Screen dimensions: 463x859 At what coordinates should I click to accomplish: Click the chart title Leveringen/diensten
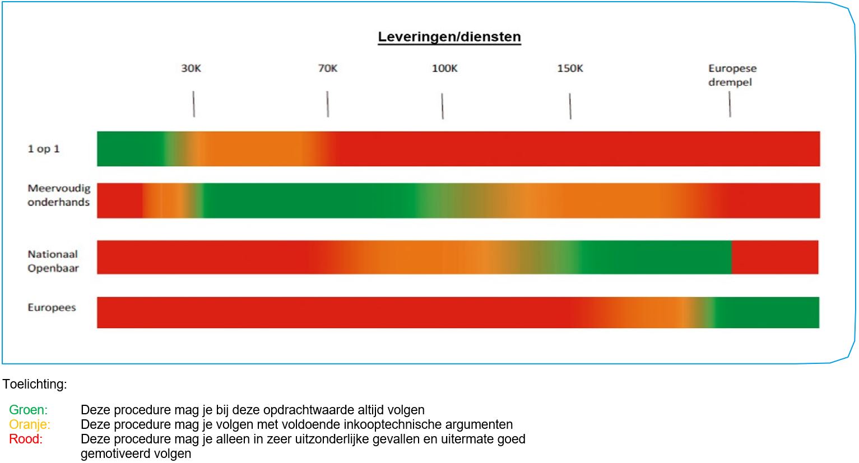[x=449, y=37]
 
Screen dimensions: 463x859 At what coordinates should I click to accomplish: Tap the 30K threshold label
[x=191, y=68]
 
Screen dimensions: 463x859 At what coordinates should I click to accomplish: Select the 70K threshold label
[x=328, y=68]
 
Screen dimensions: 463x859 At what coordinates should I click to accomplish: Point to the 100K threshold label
[x=444, y=68]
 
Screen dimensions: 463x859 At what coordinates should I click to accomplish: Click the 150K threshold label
[x=570, y=68]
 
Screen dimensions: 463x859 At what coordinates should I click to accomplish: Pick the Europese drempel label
[x=732, y=75]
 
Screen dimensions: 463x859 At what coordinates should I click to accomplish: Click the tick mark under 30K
[x=194, y=104]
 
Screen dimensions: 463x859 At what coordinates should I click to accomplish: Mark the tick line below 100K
[x=443, y=106]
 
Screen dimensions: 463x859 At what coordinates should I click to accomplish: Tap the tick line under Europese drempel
[x=730, y=104]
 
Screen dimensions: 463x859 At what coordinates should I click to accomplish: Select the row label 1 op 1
[x=44, y=149]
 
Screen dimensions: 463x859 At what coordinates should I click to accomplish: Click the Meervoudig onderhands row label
[x=59, y=195]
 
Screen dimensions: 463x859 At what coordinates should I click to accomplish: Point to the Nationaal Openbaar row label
[x=53, y=261]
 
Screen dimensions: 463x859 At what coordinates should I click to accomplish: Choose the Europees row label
[x=52, y=307]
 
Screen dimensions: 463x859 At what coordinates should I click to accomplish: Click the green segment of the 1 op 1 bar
[x=130, y=149]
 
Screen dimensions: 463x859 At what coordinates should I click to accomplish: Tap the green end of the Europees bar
[x=768, y=312]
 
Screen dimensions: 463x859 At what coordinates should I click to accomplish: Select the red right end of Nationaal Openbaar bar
[x=775, y=258]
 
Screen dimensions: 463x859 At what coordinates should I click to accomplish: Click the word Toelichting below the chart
[x=35, y=384]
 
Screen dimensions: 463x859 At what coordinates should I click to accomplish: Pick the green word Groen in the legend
[x=28, y=410]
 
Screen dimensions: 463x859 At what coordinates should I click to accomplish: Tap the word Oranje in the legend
[x=30, y=424]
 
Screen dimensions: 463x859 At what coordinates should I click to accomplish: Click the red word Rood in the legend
[x=26, y=439]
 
